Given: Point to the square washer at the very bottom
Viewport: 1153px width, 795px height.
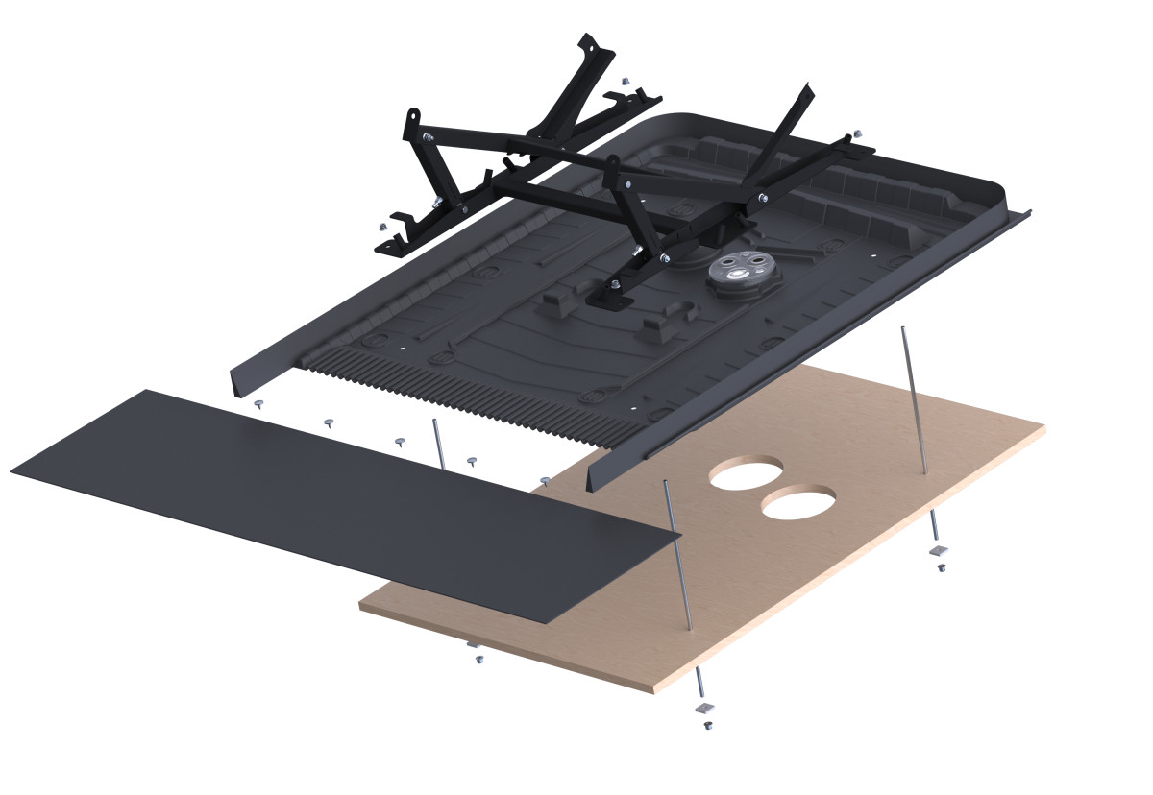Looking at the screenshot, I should pyautogui.click(x=706, y=708).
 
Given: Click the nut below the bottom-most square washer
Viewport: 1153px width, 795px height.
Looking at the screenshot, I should pyautogui.click(x=708, y=725).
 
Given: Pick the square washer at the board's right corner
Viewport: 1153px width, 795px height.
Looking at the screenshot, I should pyautogui.click(x=939, y=550).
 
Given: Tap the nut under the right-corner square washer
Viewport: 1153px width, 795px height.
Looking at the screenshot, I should pyautogui.click(x=942, y=567).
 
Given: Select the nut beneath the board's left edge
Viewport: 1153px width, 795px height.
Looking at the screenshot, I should pyautogui.click(x=478, y=659).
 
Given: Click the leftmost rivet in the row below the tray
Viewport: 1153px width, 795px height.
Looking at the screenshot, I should pyautogui.click(x=258, y=404).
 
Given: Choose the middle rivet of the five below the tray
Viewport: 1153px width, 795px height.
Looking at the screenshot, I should pyautogui.click(x=400, y=440).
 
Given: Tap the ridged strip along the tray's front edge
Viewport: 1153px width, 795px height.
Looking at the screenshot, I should pyautogui.click(x=461, y=398).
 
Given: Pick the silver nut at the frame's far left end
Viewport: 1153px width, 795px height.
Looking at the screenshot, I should pyautogui.click(x=381, y=227).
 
